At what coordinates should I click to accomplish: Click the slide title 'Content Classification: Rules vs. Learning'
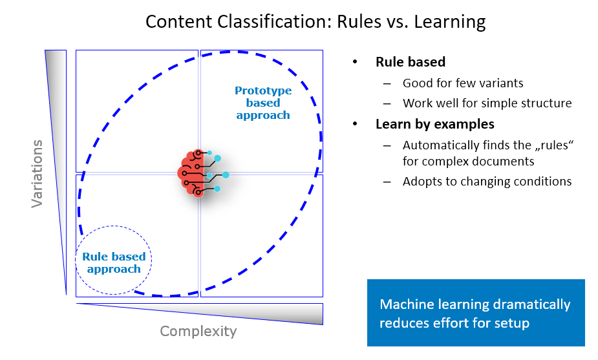pyautogui.click(x=315, y=22)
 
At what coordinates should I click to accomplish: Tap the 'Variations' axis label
pyautogui.click(x=37, y=173)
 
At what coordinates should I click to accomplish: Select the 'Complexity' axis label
pyautogui.click(x=198, y=331)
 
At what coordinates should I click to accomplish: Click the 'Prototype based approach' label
pyautogui.click(x=263, y=103)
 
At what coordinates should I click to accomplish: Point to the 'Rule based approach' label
pyautogui.click(x=114, y=263)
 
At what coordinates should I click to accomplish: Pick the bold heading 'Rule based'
pyautogui.click(x=411, y=62)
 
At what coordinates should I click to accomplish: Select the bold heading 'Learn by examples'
pyautogui.click(x=435, y=124)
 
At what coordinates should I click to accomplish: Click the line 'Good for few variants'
pyautogui.click(x=463, y=83)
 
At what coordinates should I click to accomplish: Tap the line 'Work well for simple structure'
pyautogui.click(x=487, y=103)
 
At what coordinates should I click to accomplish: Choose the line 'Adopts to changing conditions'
pyautogui.click(x=487, y=181)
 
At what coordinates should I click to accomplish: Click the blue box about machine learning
pyautogui.click(x=476, y=313)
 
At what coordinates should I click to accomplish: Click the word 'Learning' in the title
pyautogui.click(x=450, y=22)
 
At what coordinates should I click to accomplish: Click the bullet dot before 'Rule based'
pyautogui.click(x=355, y=62)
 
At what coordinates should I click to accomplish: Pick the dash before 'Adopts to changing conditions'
pyautogui.click(x=387, y=182)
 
